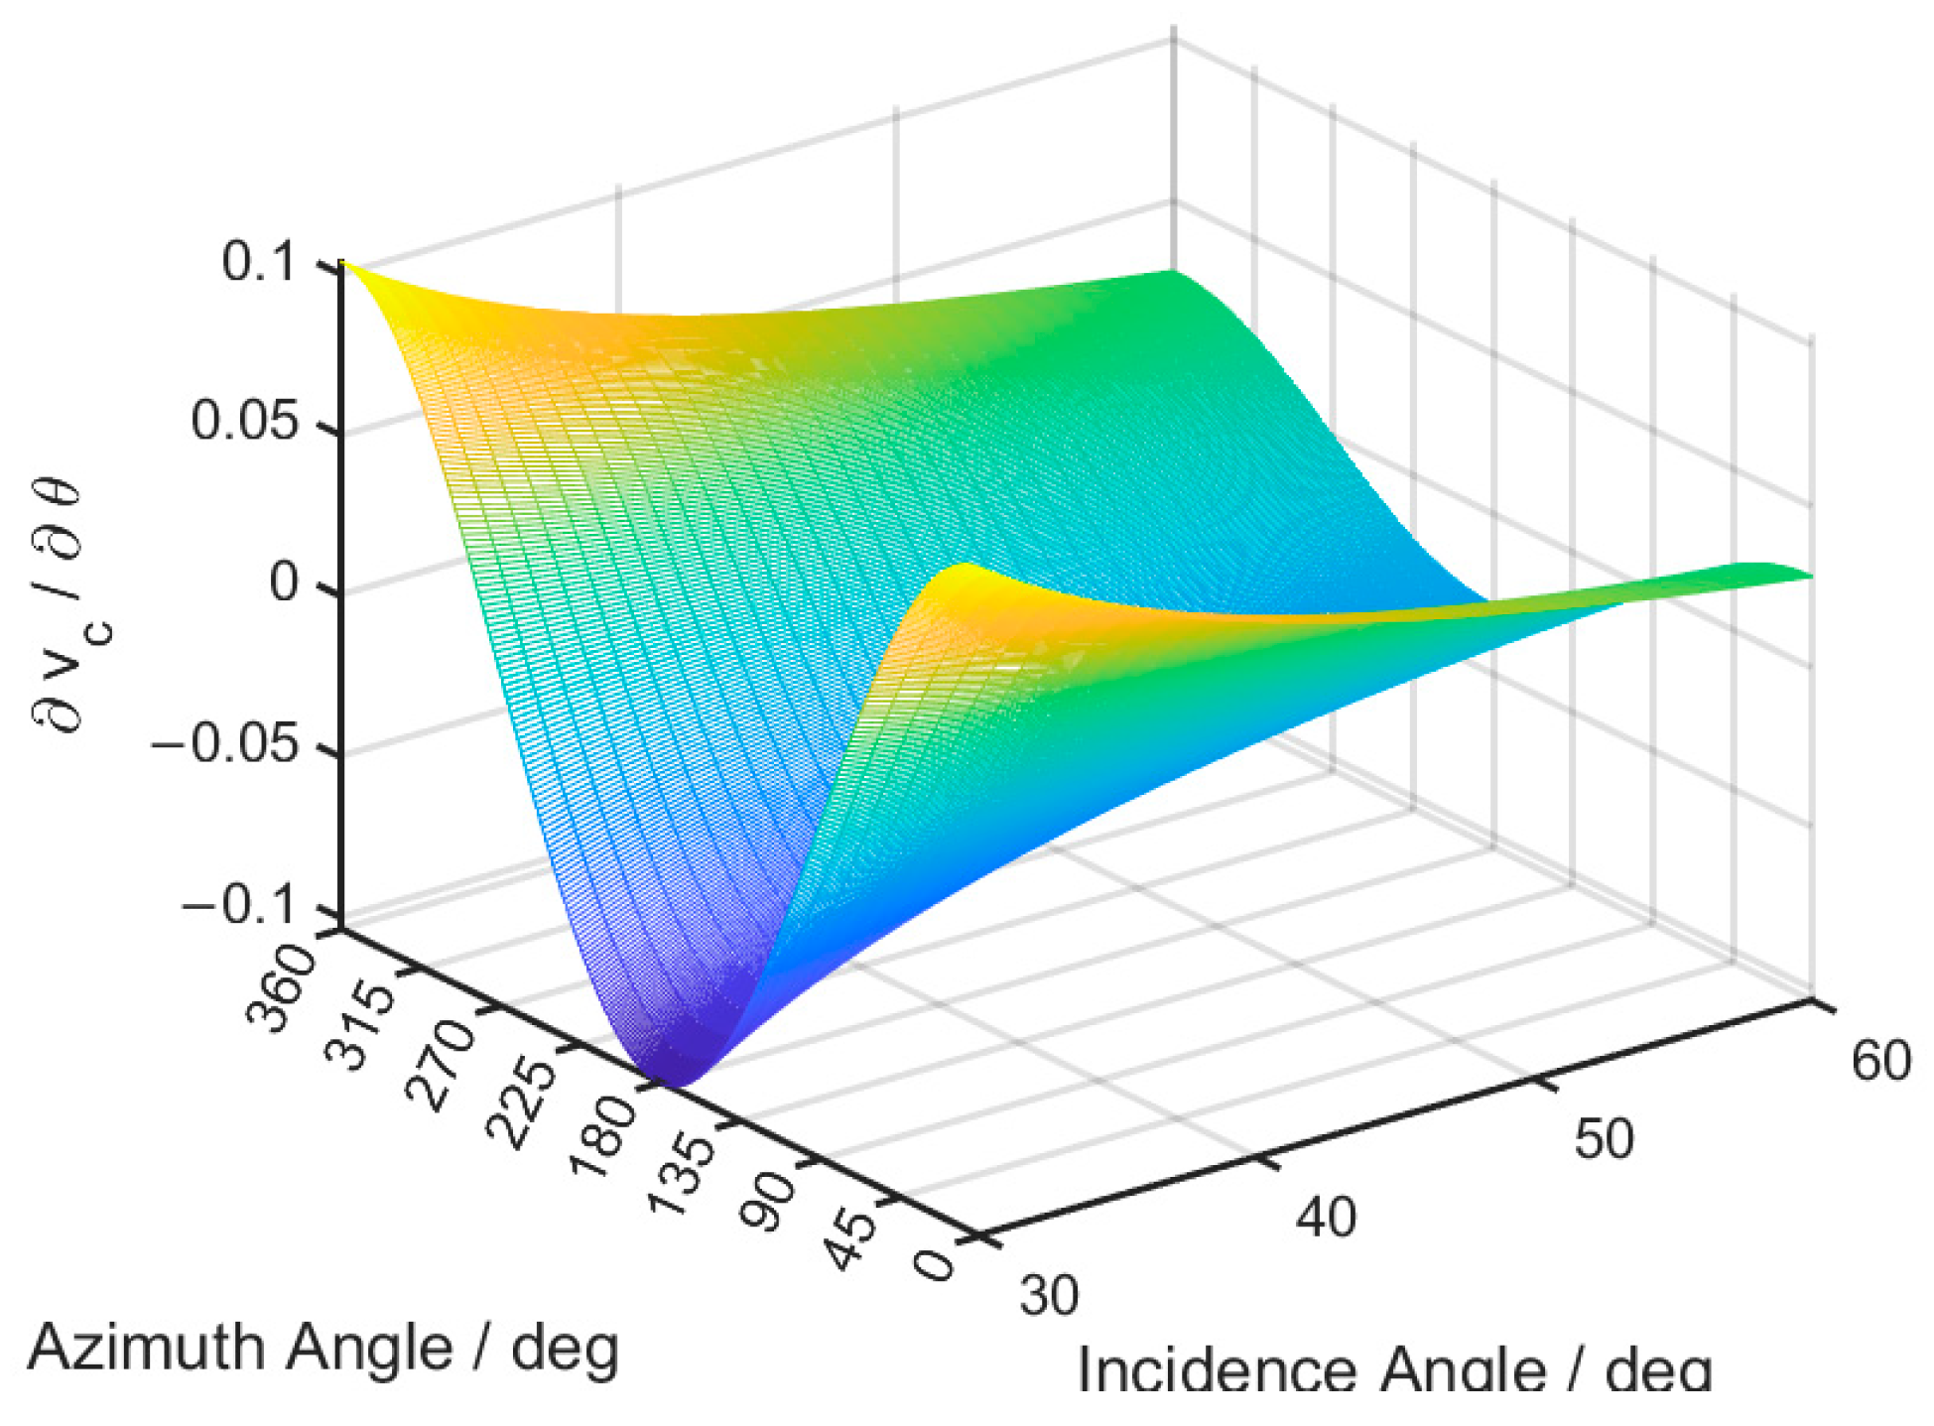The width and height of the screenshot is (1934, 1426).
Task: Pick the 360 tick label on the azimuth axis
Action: (x=280, y=988)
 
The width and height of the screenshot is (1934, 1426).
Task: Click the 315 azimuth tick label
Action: (x=359, y=1028)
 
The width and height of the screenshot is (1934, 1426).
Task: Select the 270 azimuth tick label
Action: (x=441, y=1068)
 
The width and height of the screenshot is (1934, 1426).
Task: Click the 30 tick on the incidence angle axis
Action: (x=1050, y=1295)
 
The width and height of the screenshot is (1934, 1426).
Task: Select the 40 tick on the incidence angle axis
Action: (x=1326, y=1217)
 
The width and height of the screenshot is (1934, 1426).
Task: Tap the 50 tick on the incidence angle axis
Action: (x=1604, y=1139)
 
